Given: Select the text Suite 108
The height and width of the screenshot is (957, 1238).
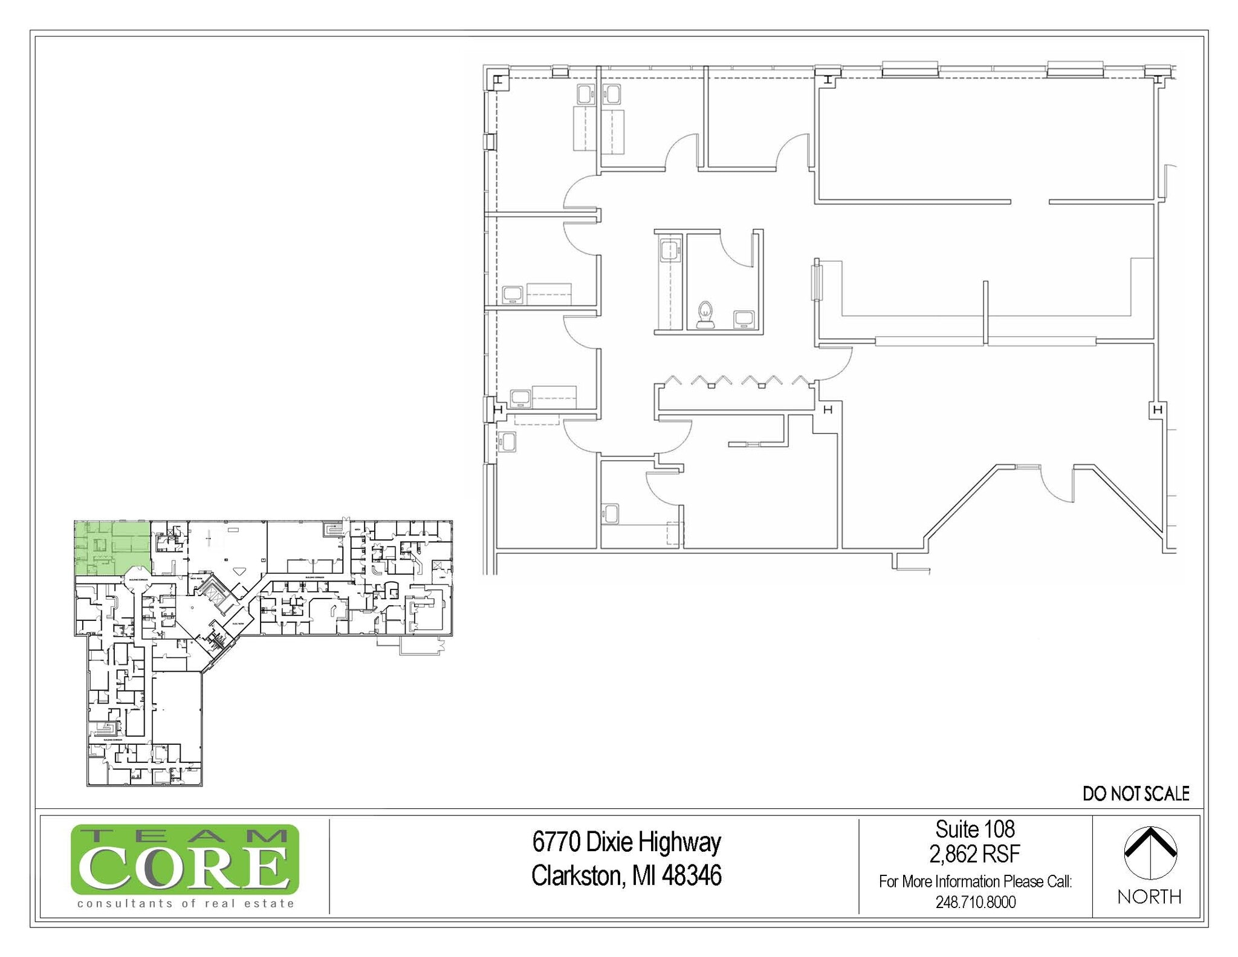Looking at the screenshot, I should tap(974, 829).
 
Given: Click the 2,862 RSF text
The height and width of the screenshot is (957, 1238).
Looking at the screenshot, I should tap(974, 854).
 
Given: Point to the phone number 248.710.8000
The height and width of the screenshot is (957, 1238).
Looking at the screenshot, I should tap(975, 903).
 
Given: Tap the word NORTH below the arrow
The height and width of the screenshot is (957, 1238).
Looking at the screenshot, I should tap(1149, 897).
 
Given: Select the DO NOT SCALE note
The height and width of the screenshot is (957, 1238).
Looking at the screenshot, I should tap(1136, 794).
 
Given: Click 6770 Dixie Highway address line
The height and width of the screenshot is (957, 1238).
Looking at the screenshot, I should tap(626, 842).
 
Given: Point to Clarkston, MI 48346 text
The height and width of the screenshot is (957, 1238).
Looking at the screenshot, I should tap(626, 875).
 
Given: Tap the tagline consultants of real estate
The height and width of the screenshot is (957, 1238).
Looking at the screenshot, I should tap(186, 904).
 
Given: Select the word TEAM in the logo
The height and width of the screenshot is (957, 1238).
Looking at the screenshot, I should tap(184, 836).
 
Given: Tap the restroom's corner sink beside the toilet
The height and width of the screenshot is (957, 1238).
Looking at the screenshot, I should tap(744, 319).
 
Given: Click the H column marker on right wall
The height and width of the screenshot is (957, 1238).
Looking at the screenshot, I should tap(1158, 410).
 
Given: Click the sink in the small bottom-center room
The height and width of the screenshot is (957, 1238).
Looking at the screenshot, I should tap(611, 514).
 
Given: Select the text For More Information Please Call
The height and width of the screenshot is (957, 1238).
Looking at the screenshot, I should tap(975, 881).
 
